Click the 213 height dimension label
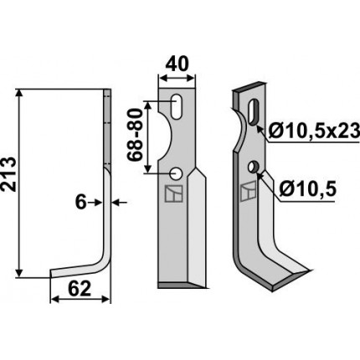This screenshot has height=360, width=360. pos(8,174)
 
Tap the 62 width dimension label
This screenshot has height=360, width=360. pos(80,289)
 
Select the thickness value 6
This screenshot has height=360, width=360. pos(81,203)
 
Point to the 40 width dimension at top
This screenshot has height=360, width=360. pos(177,64)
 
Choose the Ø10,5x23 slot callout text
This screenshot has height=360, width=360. pos(313,131)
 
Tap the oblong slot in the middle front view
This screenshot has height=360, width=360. pos(176,107)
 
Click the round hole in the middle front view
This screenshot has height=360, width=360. pos(177,173)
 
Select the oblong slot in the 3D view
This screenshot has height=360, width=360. pos(254,111)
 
